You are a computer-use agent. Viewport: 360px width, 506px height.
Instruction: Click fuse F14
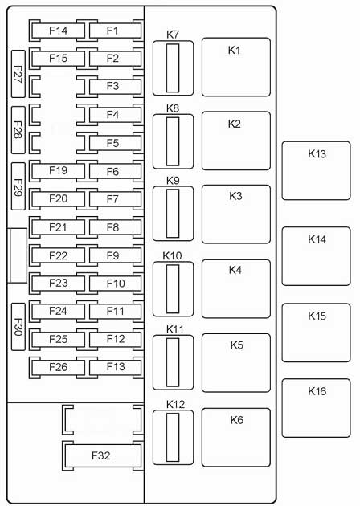pyautogui.click(x=58, y=31)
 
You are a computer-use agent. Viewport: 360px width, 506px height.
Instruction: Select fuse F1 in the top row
pyautogui.click(x=115, y=31)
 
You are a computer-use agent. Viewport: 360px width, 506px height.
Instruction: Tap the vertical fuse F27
pyautogui.click(x=18, y=74)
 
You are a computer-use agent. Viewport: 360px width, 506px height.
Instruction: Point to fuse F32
pyautogui.click(x=103, y=455)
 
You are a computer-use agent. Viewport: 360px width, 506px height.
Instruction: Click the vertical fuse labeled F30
pyautogui.click(x=18, y=327)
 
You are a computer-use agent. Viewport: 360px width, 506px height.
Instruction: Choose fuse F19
pyautogui.click(x=58, y=171)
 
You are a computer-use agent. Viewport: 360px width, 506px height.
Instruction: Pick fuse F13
pyautogui.click(x=115, y=367)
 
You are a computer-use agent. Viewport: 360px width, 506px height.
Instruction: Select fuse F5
pyautogui.click(x=115, y=143)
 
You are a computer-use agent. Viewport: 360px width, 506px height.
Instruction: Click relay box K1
pyautogui.click(x=236, y=67)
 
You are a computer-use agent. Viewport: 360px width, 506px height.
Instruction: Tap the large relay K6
pyautogui.click(x=236, y=438)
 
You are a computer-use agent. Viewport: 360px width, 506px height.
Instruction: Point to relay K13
pyautogui.click(x=316, y=171)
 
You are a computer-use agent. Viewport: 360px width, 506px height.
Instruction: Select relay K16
pyautogui.click(x=316, y=408)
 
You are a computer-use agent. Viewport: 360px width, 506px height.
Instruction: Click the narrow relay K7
pyautogui.click(x=173, y=68)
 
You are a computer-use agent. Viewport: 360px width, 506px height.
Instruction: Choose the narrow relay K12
pyautogui.click(x=173, y=438)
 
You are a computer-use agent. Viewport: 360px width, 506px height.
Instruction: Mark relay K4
pyautogui.click(x=236, y=289)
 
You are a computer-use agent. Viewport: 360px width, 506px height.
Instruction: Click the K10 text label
pyautogui.click(x=172, y=256)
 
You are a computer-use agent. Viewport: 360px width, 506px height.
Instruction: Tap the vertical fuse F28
pyautogui.click(x=18, y=130)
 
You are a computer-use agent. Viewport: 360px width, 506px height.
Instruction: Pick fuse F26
pyautogui.click(x=58, y=367)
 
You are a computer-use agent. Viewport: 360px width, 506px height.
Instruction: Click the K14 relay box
pyautogui.click(x=316, y=256)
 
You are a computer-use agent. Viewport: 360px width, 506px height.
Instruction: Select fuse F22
pyautogui.click(x=58, y=256)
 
